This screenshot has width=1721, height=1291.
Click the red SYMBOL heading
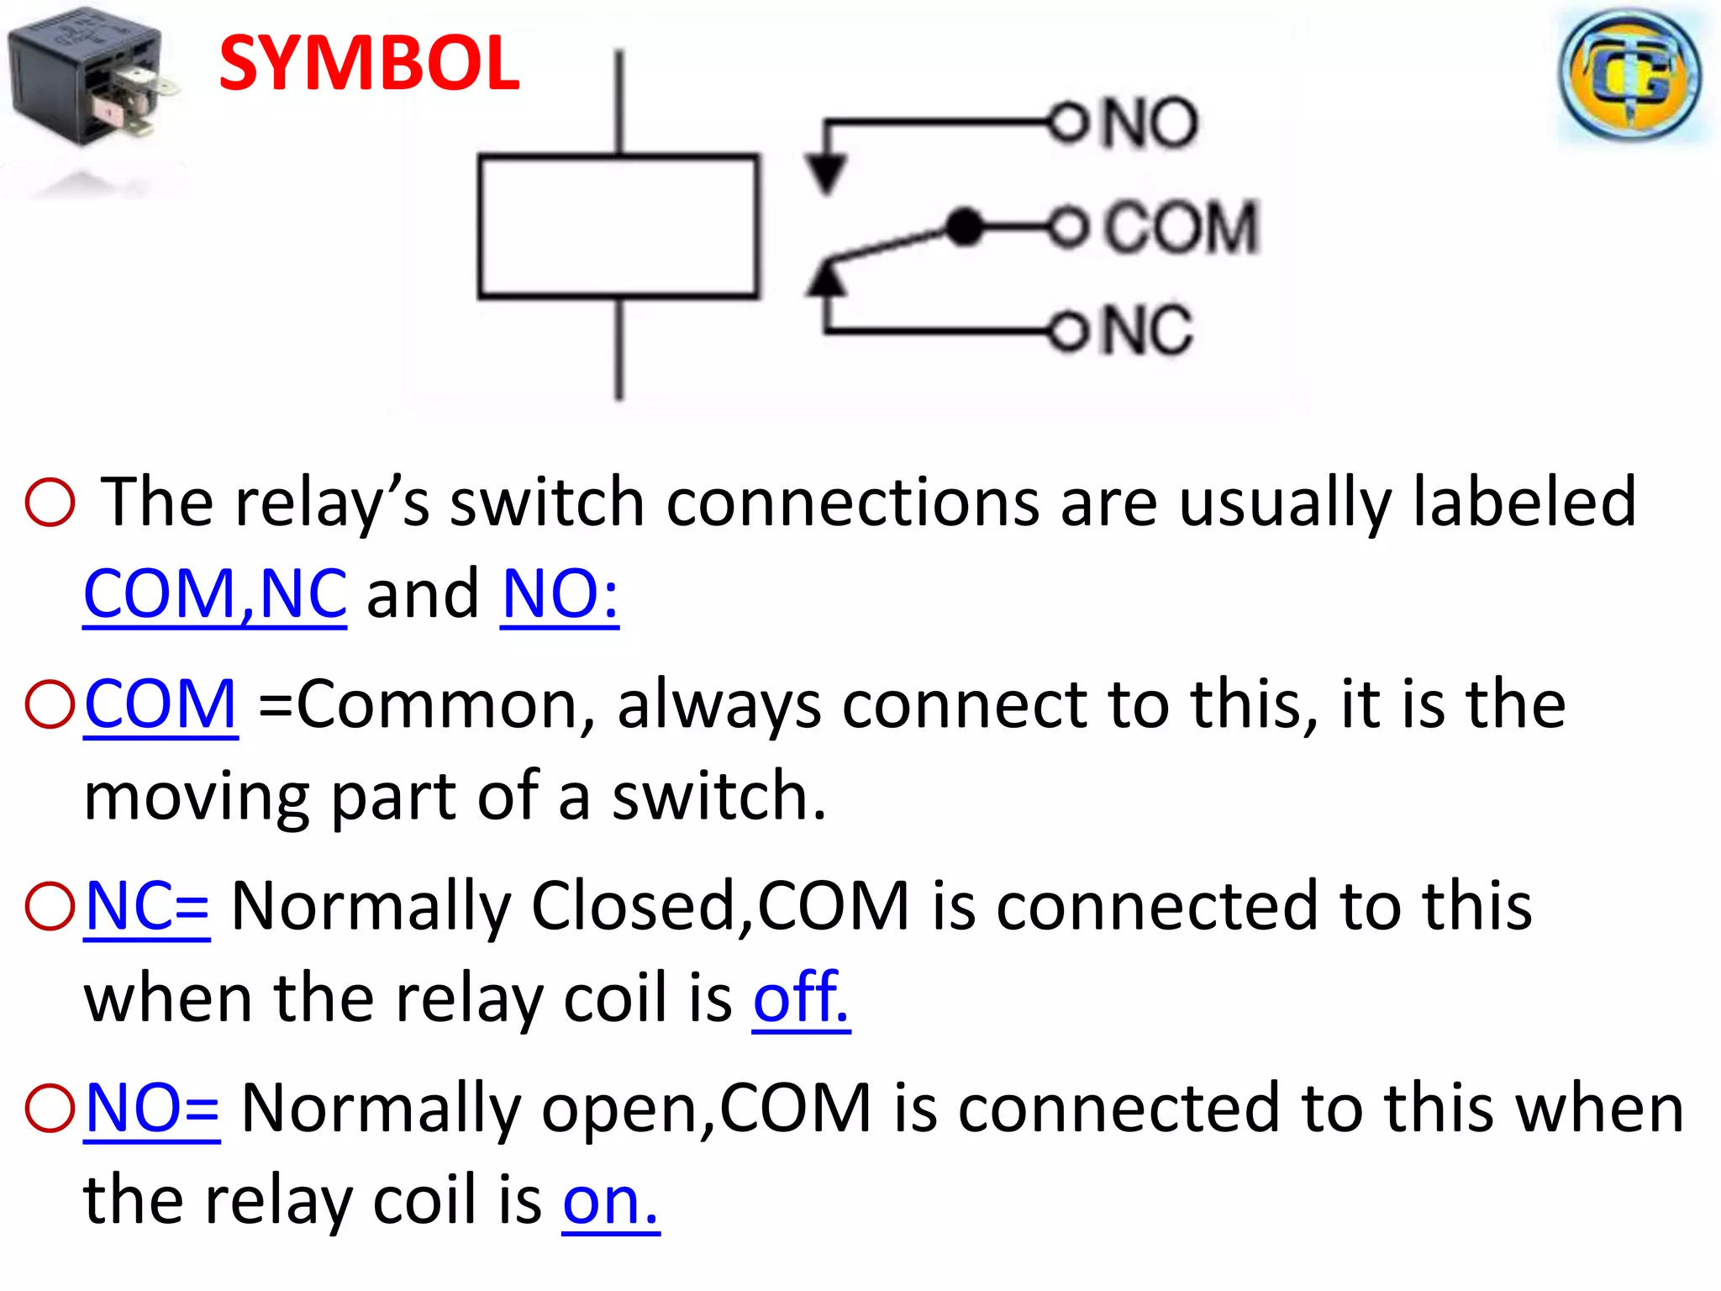point(369,64)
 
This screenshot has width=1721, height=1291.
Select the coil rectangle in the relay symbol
point(618,226)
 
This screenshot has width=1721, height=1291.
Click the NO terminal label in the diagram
point(1150,124)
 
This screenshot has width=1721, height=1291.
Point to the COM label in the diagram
point(1182,227)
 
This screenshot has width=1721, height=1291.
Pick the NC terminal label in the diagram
point(1147,329)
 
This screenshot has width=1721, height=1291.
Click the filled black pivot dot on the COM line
point(964,227)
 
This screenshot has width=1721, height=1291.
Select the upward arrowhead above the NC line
point(827,278)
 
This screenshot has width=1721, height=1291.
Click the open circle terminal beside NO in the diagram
point(1068,124)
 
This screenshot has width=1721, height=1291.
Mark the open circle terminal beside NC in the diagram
point(1068,330)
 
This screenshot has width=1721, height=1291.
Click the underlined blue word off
point(800,998)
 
